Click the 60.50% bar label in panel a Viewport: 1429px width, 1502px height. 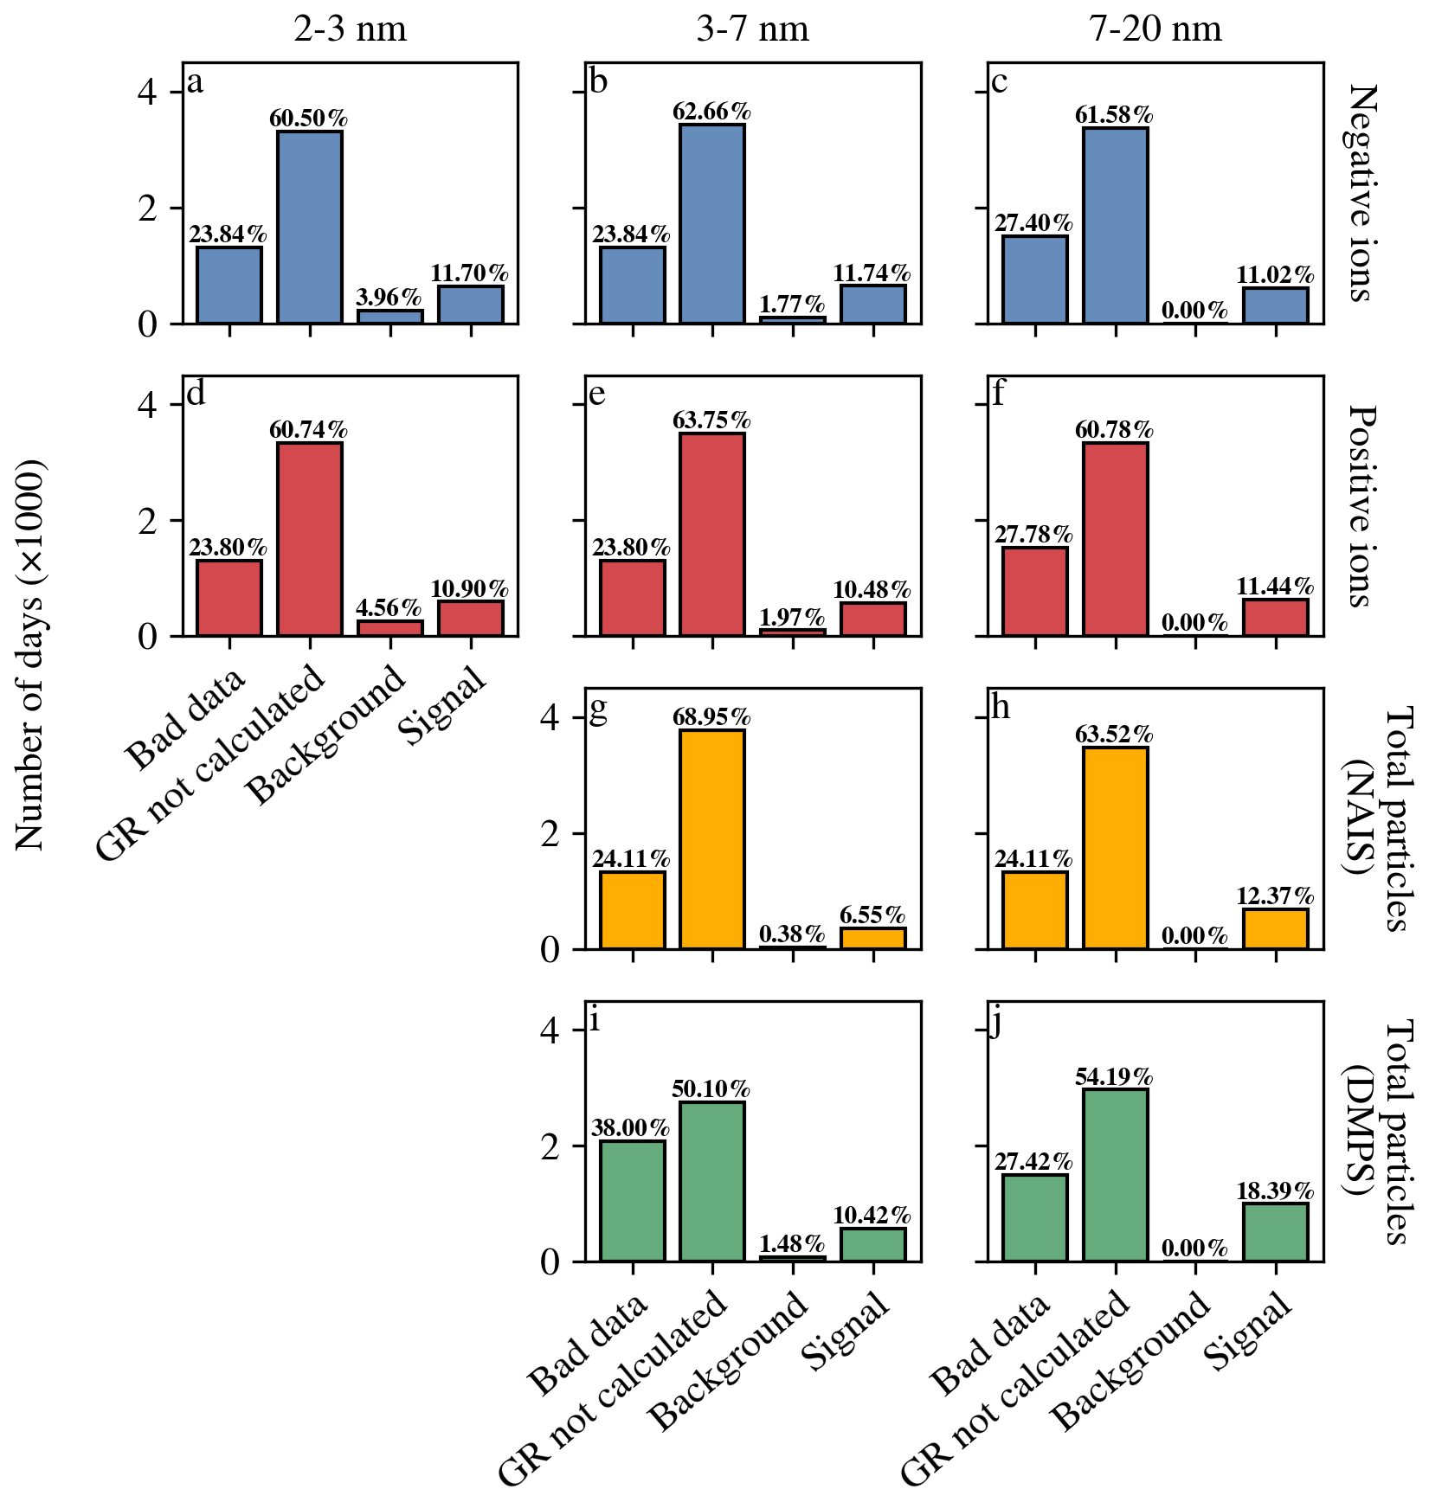[309, 118]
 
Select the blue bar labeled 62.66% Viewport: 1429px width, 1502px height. [712, 224]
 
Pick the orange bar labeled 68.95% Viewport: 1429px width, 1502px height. [712, 839]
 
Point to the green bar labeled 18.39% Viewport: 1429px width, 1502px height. [1276, 1232]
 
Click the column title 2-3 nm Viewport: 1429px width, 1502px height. [350, 29]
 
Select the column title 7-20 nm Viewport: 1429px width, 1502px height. [1155, 29]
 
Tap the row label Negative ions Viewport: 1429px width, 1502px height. [1363, 193]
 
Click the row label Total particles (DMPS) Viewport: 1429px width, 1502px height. [1381, 1132]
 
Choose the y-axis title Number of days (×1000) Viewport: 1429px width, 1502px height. [30, 654]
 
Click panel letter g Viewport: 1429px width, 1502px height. [598, 709]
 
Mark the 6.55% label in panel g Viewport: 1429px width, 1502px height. [872, 915]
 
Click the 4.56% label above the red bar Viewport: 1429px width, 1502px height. [389, 607]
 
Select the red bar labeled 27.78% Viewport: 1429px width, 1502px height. [1035, 592]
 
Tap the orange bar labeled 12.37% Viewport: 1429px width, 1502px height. [1276, 928]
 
